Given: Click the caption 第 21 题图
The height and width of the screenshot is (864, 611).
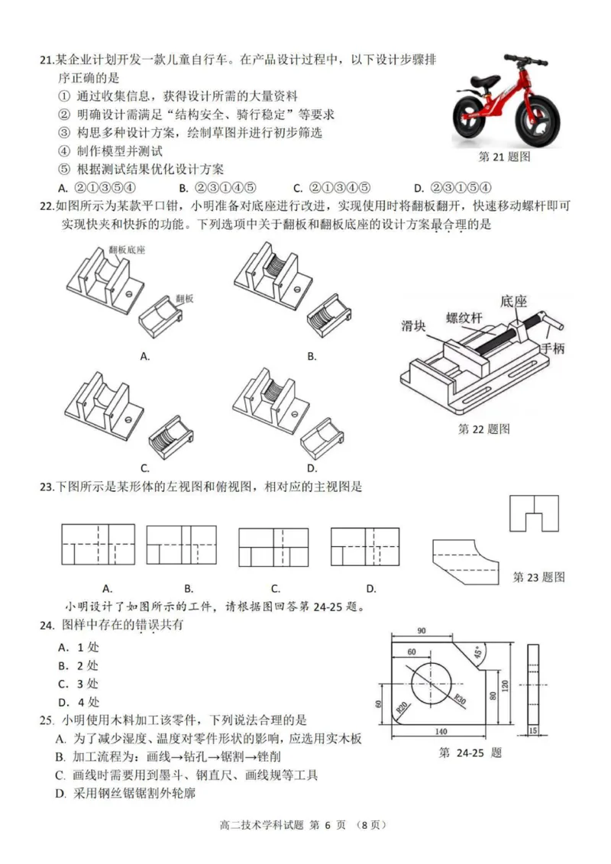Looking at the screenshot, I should pyautogui.click(x=503, y=157).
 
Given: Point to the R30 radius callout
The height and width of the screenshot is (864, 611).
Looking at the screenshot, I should pyautogui.click(x=461, y=699).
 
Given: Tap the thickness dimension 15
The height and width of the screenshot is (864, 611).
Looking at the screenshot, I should pyautogui.click(x=533, y=730).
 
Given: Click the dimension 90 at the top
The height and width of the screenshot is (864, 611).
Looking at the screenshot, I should pyautogui.click(x=421, y=631).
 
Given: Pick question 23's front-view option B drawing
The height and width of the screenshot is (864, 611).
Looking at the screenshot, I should pyautogui.click(x=177, y=545).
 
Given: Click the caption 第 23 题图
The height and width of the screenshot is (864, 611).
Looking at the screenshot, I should pyautogui.click(x=538, y=577).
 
